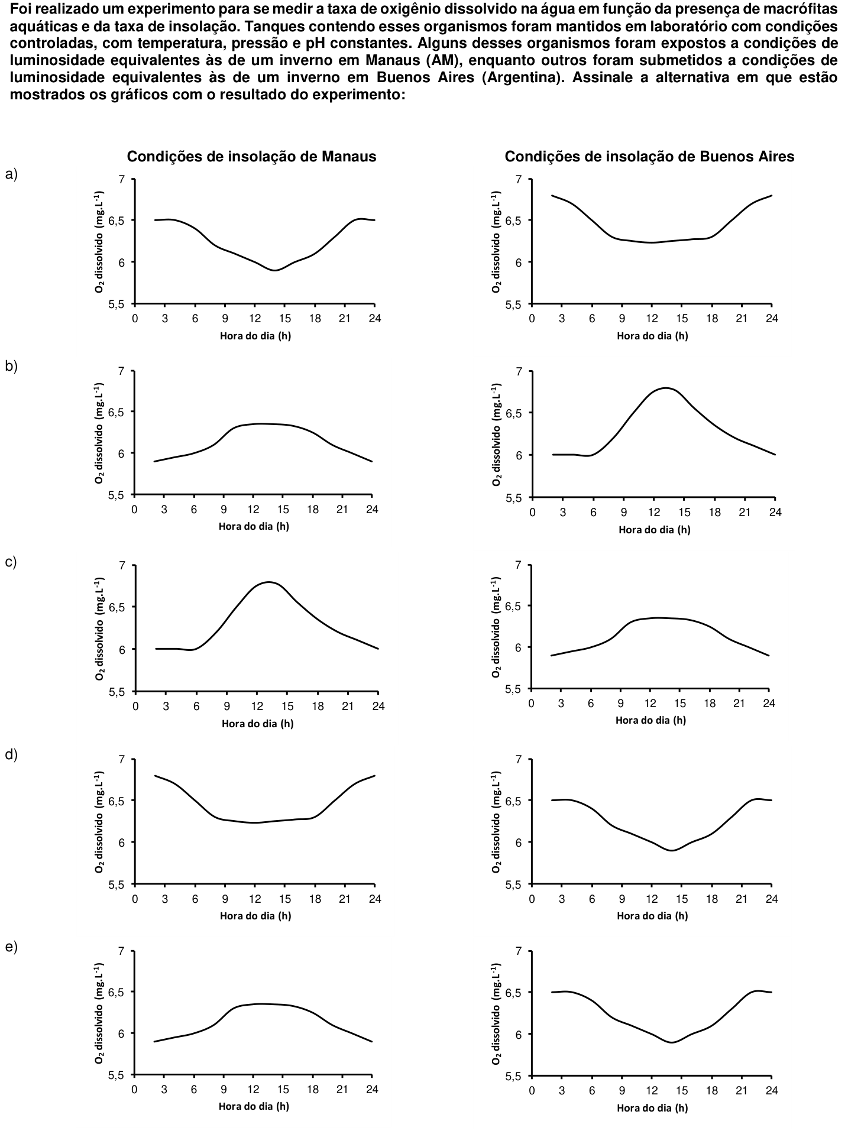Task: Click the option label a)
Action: (12, 174)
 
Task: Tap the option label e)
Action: (12, 947)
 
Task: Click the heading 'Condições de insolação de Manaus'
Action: (252, 156)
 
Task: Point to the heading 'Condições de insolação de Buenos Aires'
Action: (649, 156)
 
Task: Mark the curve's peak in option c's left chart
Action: (269, 582)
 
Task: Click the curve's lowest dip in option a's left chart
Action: (275, 270)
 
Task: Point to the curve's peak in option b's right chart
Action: (666, 388)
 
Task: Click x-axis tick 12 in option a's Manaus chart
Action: (254, 319)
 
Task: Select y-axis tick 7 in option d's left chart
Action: (122, 759)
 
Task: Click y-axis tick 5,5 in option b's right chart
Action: (514, 497)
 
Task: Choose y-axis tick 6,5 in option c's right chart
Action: (514, 606)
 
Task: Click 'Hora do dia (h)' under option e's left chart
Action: (254, 1106)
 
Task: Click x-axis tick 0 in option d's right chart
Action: (532, 899)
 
